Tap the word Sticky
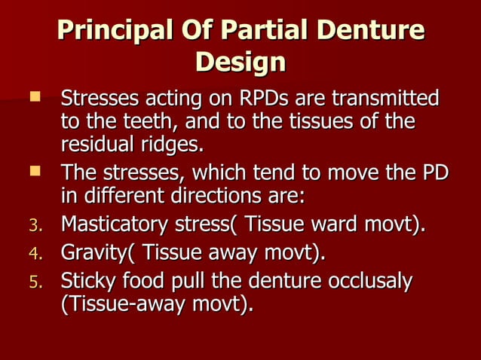(x=86, y=282)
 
